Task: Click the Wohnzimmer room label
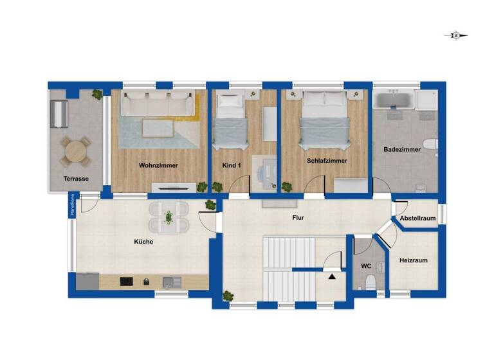click(158, 165)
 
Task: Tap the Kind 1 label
click(231, 165)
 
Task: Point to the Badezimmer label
click(402, 149)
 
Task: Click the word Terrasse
click(75, 179)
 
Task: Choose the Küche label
click(143, 242)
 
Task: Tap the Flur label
click(298, 218)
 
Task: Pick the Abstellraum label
click(418, 219)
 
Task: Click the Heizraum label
click(414, 260)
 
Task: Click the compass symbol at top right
click(455, 36)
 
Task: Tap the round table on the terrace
click(75, 152)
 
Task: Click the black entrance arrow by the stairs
click(332, 276)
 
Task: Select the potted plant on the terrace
click(97, 94)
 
